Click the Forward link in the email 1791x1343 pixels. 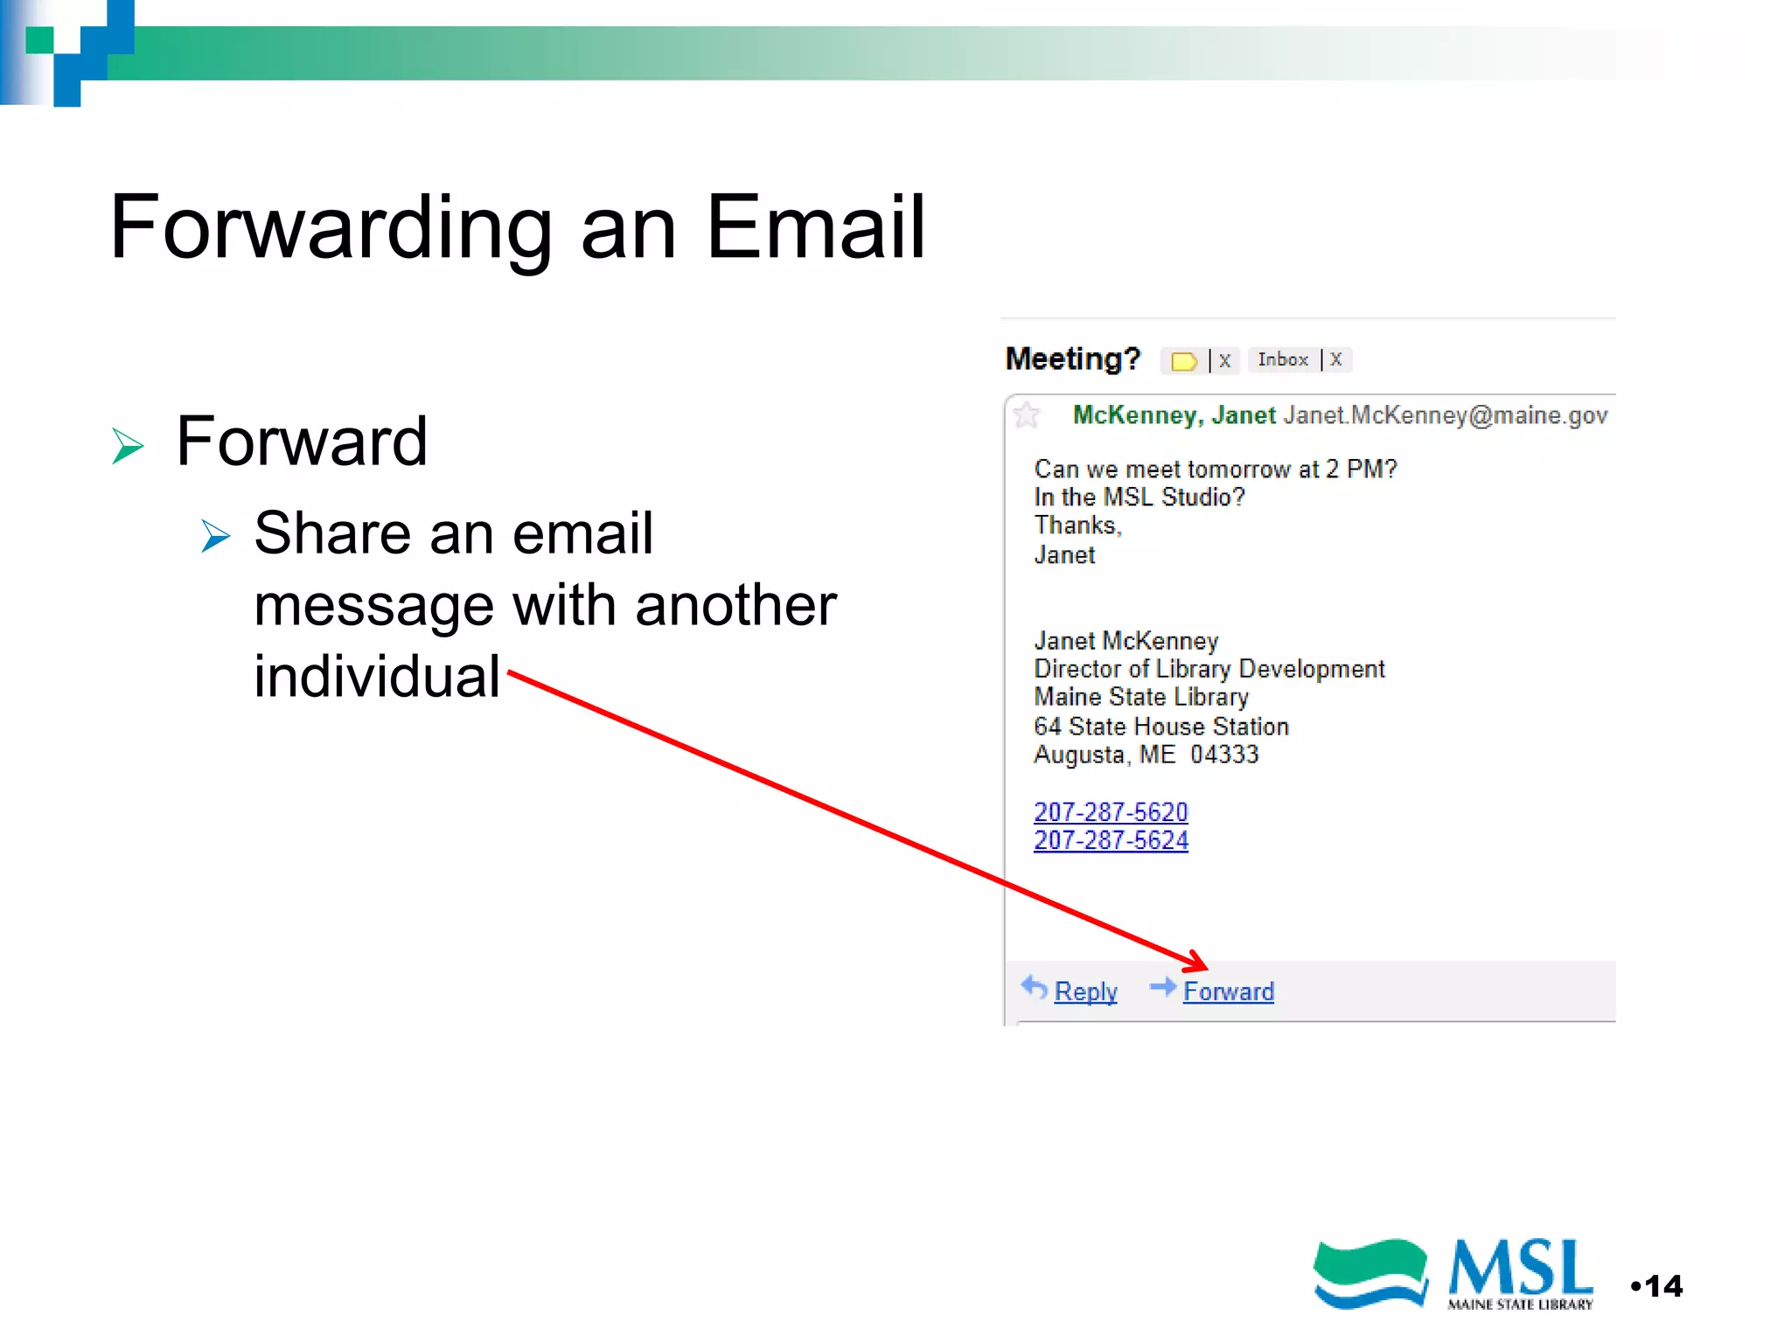pos(1228,992)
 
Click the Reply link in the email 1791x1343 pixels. pos(1085,992)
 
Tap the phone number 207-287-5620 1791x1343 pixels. pos(1111,812)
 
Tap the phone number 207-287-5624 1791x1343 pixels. pos(1111,840)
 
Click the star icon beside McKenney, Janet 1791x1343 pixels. pos(1027,415)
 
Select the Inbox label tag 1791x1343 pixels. pos(1283,359)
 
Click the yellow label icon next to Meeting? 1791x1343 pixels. pos(1184,361)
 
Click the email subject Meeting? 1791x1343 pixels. pos(1073,358)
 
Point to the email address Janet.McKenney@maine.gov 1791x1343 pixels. pos(1445,415)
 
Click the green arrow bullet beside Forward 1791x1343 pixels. pos(128,446)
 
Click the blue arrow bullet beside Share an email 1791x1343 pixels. pos(215,536)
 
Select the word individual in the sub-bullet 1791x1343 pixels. pos(377,676)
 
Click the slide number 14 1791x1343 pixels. pos(1662,1286)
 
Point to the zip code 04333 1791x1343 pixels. pos(1224,755)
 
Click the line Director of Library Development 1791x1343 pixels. pos(1209,669)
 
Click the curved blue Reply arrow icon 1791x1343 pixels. pos(1035,988)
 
